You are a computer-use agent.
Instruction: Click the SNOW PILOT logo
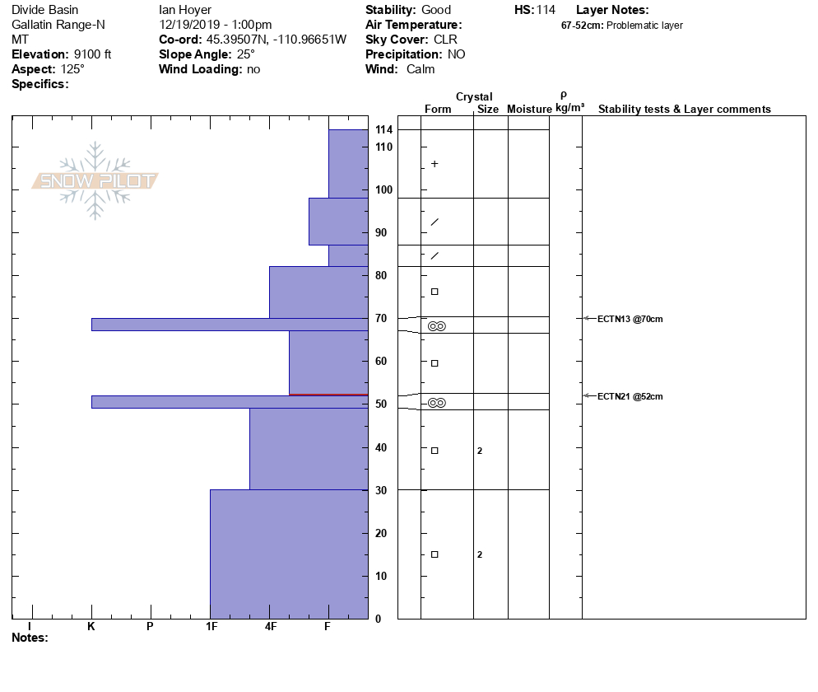click(95, 180)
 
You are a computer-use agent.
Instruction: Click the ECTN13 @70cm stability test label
click(630, 319)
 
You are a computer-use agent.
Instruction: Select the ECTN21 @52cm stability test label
click(630, 396)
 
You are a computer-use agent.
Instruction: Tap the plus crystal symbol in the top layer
click(435, 164)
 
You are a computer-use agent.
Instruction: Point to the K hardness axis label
click(91, 627)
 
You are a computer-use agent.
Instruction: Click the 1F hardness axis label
click(211, 627)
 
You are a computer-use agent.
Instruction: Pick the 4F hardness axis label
click(271, 627)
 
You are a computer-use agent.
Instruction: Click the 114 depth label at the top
click(383, 130)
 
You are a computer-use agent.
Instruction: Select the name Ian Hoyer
click(185, 10)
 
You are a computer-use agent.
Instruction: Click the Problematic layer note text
click(644, 26)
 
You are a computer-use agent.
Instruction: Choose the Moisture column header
click(529, 110)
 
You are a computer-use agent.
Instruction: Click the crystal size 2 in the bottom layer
click(480, 554)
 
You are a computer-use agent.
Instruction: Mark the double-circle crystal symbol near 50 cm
click(437, 403)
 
